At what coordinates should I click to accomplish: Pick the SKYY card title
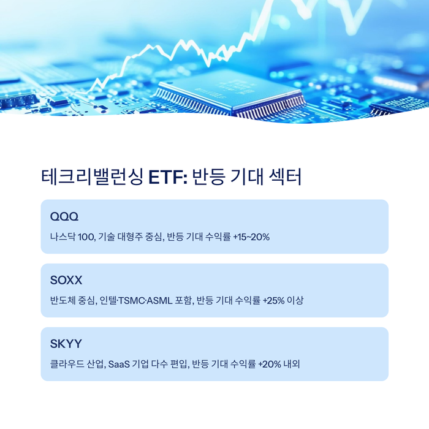click(66, 344)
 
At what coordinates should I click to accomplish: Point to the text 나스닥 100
click(70, 237)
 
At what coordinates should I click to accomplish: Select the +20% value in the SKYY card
click(270, 364)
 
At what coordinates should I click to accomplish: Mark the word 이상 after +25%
click(295, 300)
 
